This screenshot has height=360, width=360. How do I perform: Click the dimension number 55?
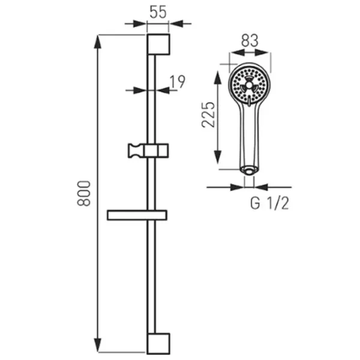(x=158, y=13)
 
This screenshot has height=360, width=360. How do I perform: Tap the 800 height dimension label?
(x=84, y=193)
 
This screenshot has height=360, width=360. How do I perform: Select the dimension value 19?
(x=177, y=82)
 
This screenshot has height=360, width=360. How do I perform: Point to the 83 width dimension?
(x=250, y=40)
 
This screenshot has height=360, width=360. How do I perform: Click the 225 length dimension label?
(x=208, y=115)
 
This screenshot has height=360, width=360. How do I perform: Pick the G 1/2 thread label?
(x=269, y=203)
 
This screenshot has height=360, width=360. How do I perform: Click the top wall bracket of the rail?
(x=158, y=44)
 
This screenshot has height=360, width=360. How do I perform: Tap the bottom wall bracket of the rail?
(x=158, y=343)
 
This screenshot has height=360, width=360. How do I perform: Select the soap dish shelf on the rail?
(x=137, y=215)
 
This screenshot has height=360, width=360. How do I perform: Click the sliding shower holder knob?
(x=136, y=151)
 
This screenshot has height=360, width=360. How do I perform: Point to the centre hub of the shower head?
(x=249, y=85)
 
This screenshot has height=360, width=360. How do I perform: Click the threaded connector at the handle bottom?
(x=249, y=172)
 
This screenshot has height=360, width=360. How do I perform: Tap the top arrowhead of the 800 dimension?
(x=98, y=41)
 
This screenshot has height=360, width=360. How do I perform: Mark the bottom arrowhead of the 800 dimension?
(x=98, y=345)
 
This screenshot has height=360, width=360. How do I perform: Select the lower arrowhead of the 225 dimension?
(x=217, y=157)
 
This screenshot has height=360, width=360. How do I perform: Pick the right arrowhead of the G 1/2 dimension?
(x=261, y=187)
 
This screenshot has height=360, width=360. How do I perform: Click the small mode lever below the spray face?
(x=249, y=102)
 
